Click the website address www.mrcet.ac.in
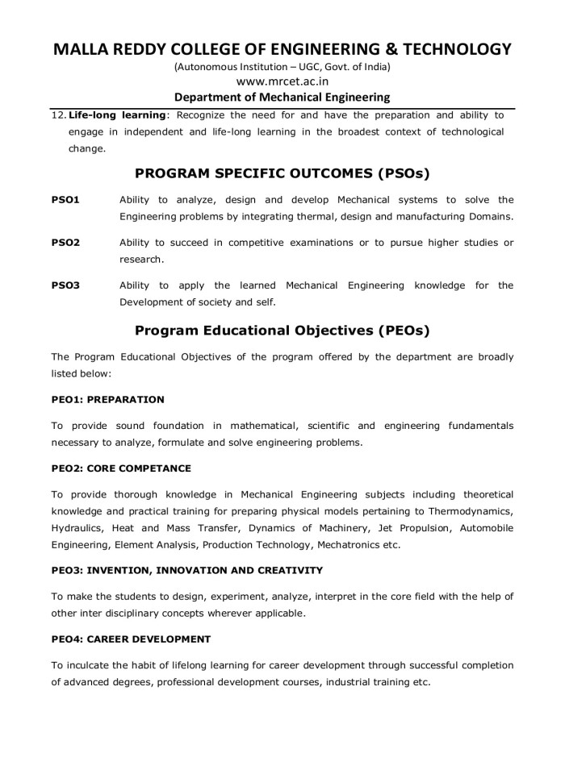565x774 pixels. click(x=282, y=81)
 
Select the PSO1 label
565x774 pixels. click(x=65, y=199)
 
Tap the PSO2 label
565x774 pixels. click(x=65, y=242)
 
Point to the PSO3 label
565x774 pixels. click(x=65, y=285)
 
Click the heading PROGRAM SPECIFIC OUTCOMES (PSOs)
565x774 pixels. click(x=282, y=173)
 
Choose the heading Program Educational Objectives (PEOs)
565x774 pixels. click(x=282, y=330)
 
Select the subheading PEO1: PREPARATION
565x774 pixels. click(x=107, y=399)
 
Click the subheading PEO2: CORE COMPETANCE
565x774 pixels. click(x=122, y=468)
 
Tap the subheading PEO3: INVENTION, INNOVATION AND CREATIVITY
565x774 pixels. click(x=186, y=570)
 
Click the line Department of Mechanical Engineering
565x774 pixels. click(x=282, y=98)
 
